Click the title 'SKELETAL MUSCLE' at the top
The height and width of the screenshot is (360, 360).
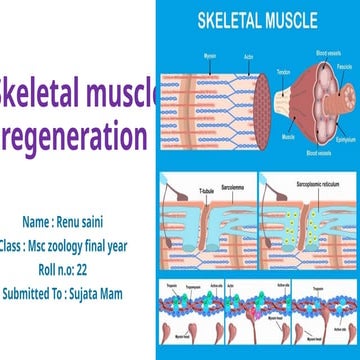[x=258, y=19]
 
